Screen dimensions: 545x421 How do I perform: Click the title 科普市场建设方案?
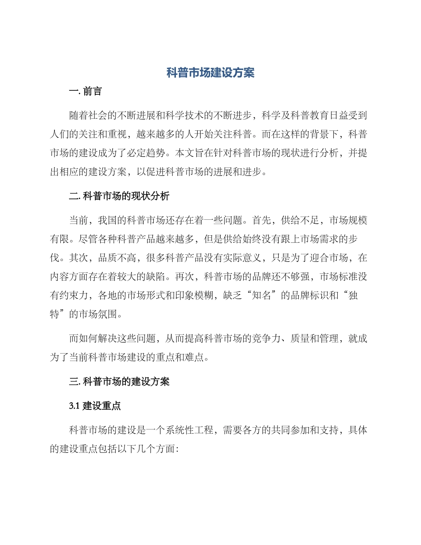tap(210, 73)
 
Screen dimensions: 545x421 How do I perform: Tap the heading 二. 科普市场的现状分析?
tap(119, 196)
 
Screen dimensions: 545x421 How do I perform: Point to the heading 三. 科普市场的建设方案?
tap(119, 381)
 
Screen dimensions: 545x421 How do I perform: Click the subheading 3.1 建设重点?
tap(95, 406)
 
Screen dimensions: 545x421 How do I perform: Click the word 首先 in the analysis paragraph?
tap(262, 220)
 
